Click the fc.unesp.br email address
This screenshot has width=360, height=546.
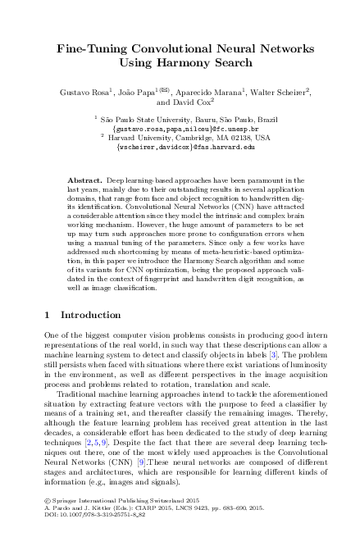click(185, 129)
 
